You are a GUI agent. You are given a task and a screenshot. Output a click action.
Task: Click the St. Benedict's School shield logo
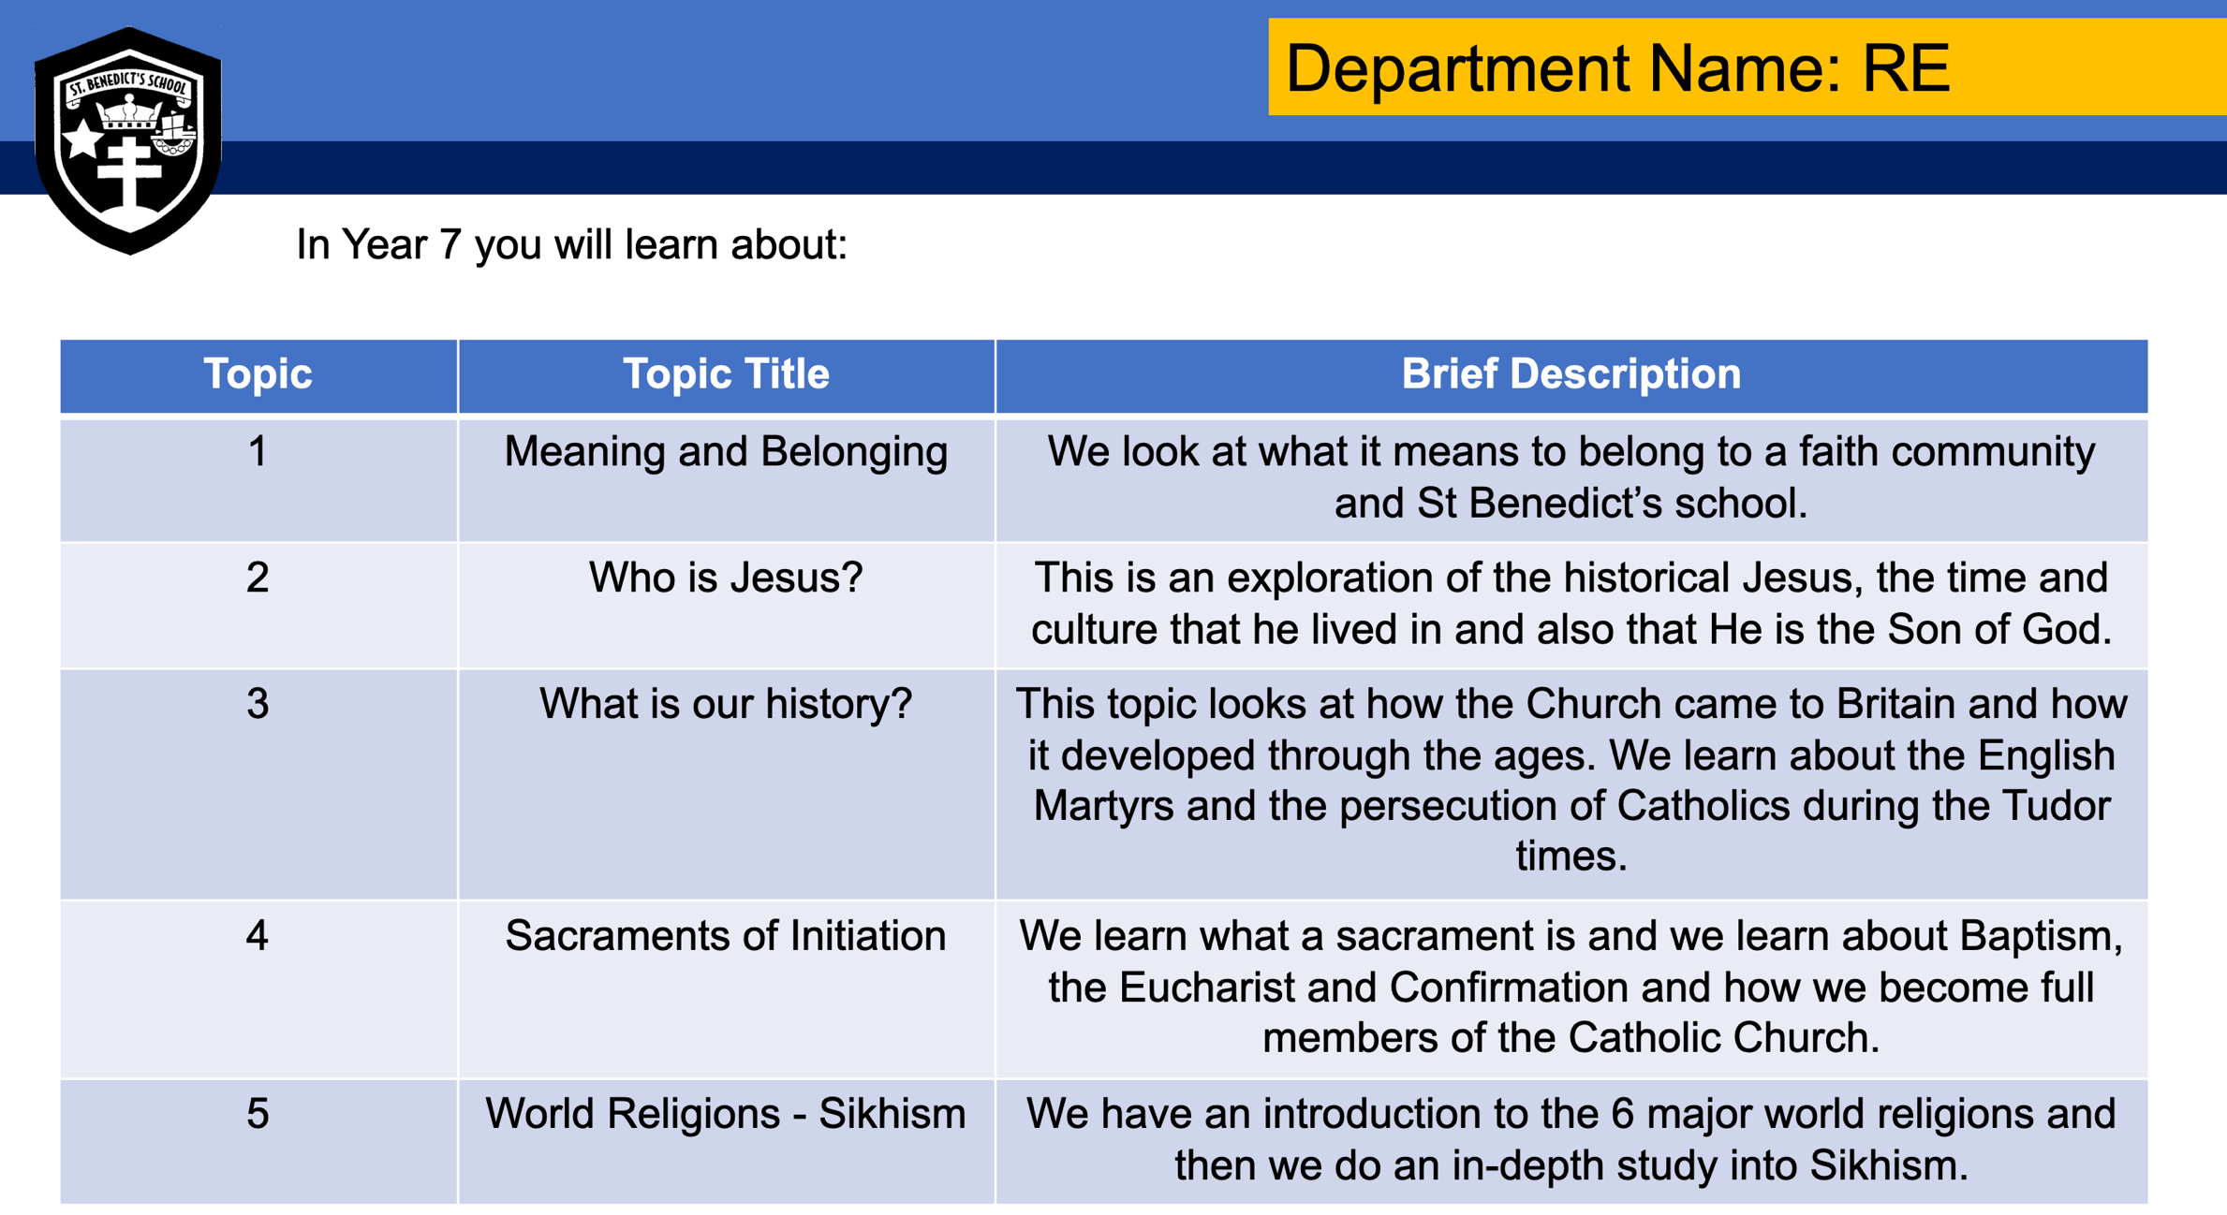tap(128, 140)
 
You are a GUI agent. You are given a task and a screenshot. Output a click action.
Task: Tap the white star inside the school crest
tap(82, 139)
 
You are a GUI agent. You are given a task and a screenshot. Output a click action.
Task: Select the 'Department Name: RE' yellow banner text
tap(1617, 68)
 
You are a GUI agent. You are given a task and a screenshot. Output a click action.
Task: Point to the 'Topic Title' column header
tap(726, 374)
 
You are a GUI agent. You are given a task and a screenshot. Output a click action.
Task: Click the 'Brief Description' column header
tap(1571, 374)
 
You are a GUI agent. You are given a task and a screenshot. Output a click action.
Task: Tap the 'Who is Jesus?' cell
tap(726, 578)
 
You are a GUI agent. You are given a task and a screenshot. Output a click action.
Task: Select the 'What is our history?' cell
tap(726, 704)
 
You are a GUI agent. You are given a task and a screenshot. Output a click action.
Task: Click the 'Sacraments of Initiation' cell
tap(726, 936)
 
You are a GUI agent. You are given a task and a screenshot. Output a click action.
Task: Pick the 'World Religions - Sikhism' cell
tap(726, 1114)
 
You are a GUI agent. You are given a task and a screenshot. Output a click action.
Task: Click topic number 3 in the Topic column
tap(258, 704)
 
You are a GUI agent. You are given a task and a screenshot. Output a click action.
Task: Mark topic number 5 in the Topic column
tap(258, 1114)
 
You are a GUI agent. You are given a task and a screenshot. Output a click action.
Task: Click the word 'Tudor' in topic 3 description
tap(2056, 806)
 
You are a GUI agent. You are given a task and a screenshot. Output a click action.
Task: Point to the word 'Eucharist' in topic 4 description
tap(1247, 988)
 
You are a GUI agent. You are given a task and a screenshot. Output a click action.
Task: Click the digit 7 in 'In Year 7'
tap(450, 245)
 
